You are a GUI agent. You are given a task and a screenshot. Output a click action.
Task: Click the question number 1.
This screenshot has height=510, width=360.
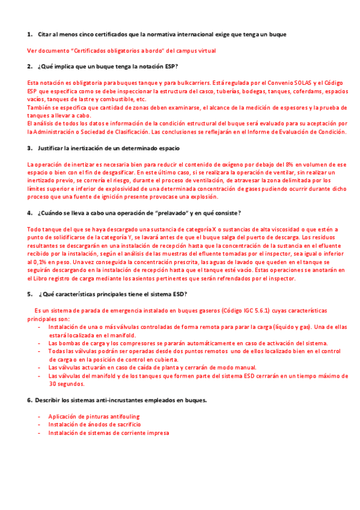point(29,34)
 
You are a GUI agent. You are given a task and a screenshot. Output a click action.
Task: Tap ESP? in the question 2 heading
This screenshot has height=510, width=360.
point(170,66)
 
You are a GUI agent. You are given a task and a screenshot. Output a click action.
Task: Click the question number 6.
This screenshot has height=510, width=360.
point(29,400)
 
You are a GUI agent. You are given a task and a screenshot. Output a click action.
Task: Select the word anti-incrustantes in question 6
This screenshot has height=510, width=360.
point(125,400)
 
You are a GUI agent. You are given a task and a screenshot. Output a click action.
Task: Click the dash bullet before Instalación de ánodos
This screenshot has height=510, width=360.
point(39,425)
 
